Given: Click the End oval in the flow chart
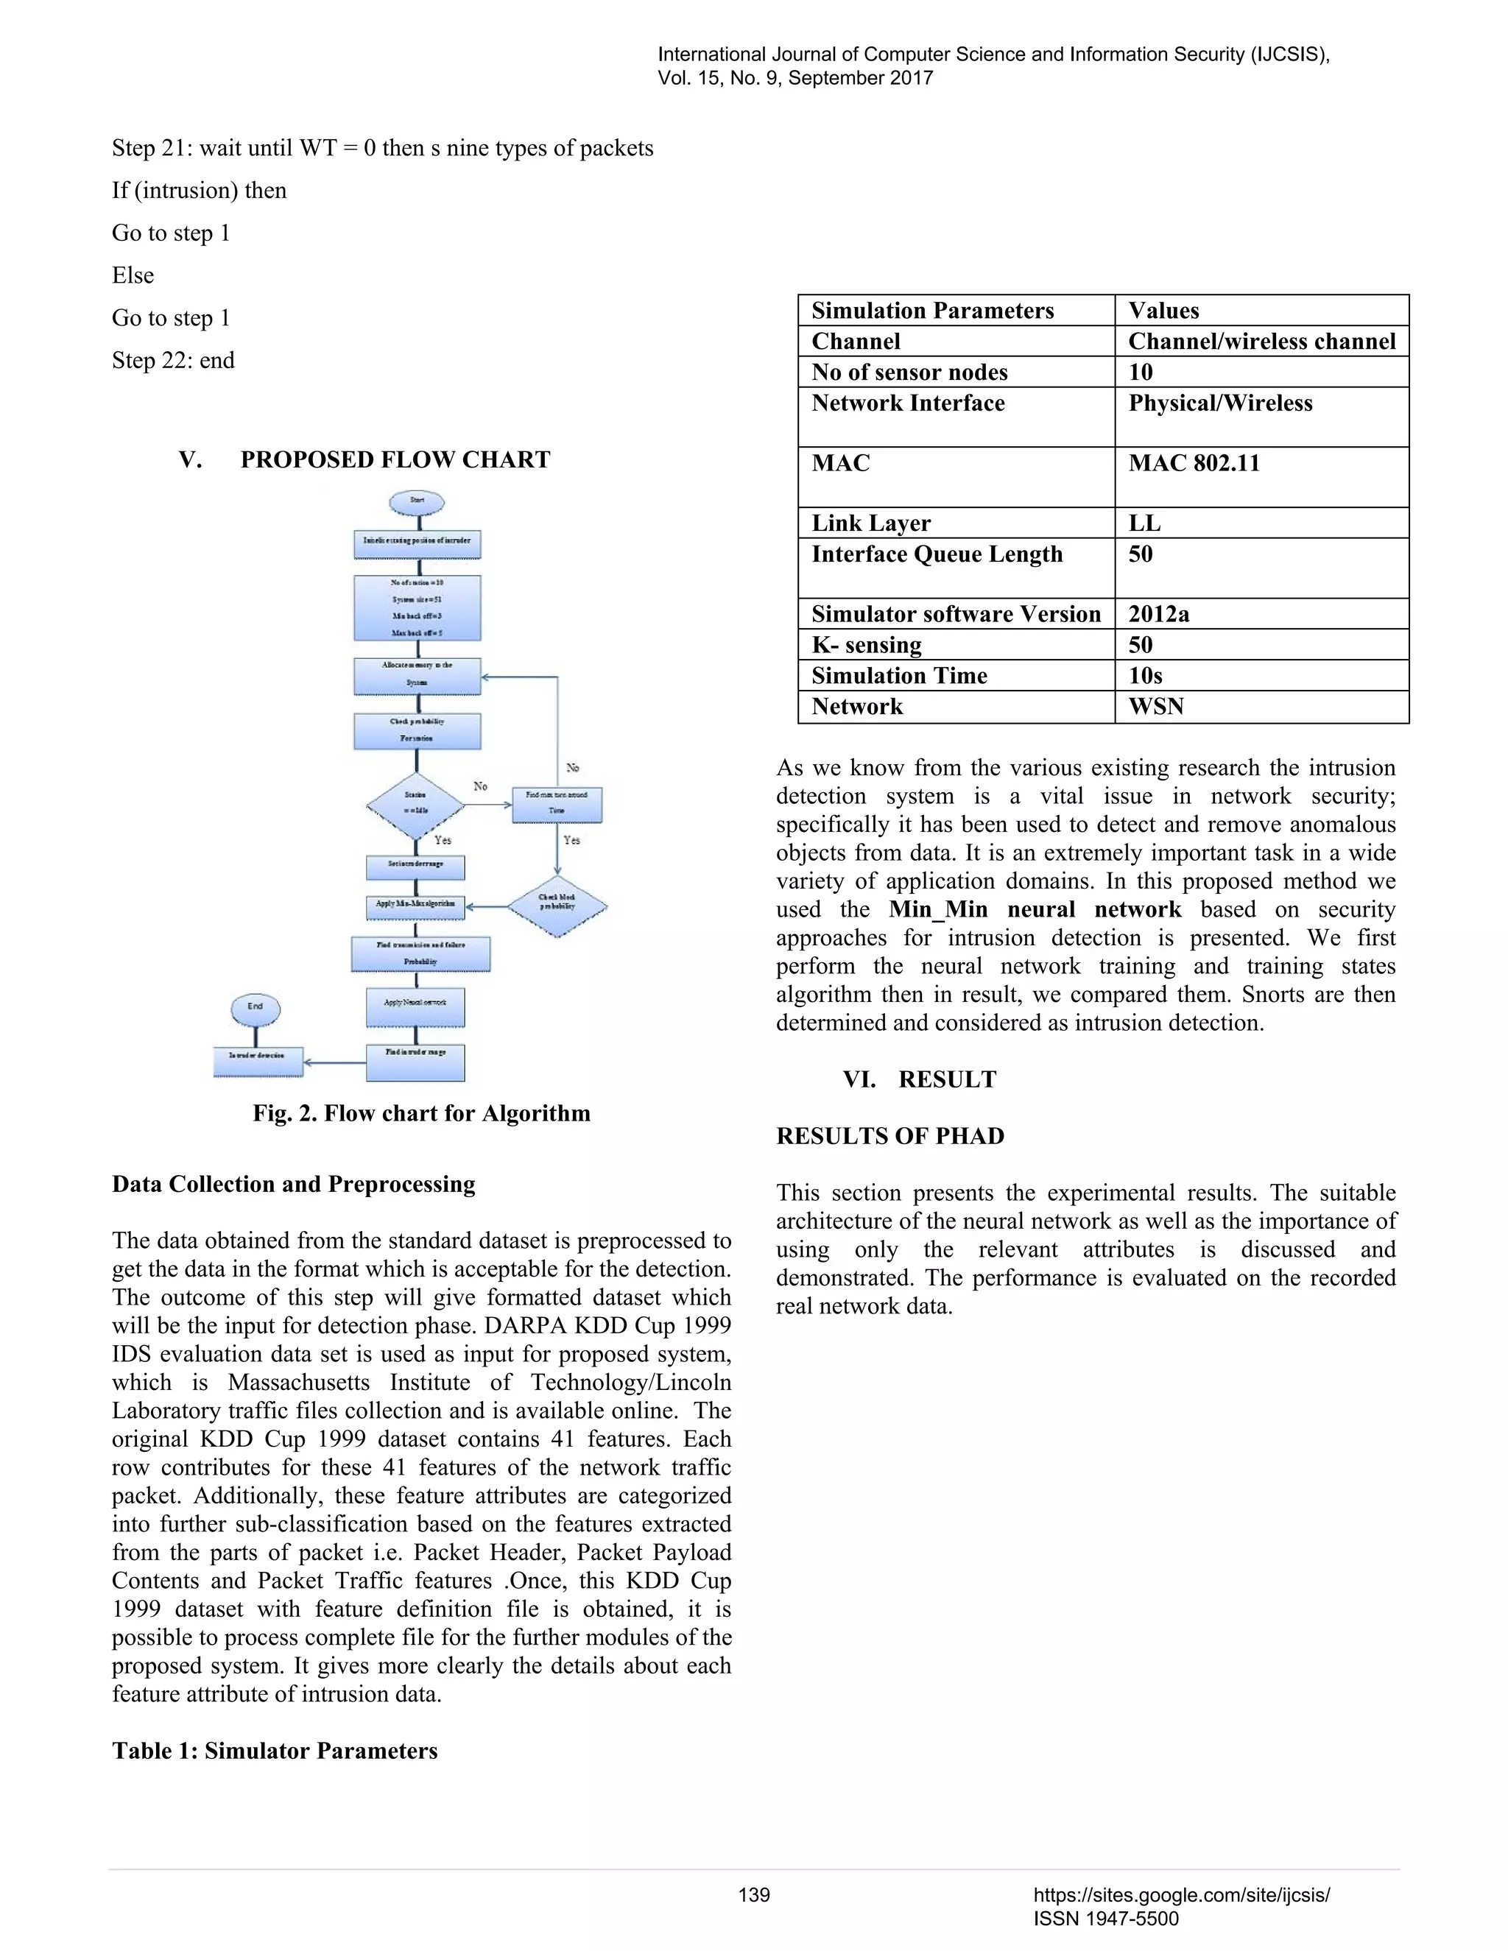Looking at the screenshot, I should pyautogui.click(x=256, y=1009).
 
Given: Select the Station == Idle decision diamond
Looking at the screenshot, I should pyautogui.click(x=415, y=805).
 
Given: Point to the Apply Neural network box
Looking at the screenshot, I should pyautogui.click(x=415, y=1005).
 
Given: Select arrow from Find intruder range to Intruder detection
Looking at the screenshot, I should pyautogui.click(x=335, y=1063).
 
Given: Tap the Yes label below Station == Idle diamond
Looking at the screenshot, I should pyautogui.click(x=443, y=841).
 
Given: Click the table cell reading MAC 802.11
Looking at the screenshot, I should pyautogui.click(x=1194, y=464).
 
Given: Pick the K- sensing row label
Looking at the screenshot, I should pyautogui.click(x=866, y=645).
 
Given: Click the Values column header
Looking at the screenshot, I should pyautogui.click(x=1163, y=311).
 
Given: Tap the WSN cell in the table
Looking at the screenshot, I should pyautogui.click(x=1155, y=707).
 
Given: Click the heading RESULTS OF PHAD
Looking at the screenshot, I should pyautogui.click(x=889, y=1136).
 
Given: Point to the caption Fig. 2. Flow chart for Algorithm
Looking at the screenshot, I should pyautogui.click(x=420, y=1113).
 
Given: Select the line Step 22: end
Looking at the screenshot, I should pyautogui.click(x=173, y=361).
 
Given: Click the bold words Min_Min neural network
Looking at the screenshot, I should pyautogui.click(x=1035, y=909).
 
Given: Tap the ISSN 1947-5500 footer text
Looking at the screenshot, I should pyautogui.click(x=1105, y=1919).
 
